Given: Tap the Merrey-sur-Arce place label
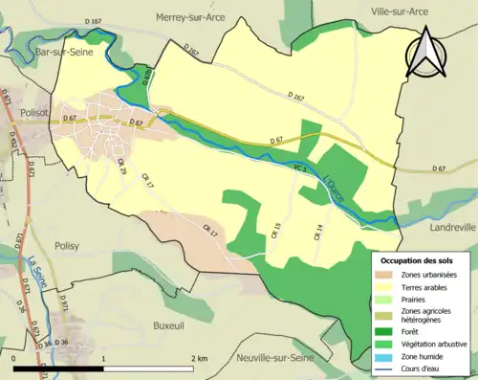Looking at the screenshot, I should coord(196,16).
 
